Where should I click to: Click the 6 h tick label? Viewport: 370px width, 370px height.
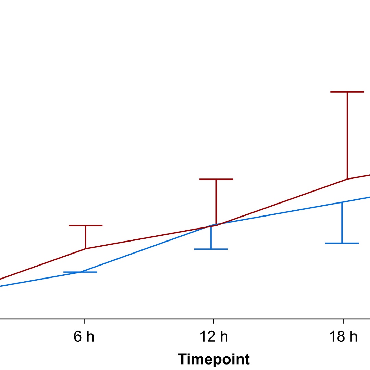(84, 337)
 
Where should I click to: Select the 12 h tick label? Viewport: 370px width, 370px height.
(214, 337)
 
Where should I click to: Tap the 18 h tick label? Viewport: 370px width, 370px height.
(343, 337)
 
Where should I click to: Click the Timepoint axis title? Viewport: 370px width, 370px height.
(214, 359)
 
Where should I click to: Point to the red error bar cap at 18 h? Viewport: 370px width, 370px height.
(347, 92)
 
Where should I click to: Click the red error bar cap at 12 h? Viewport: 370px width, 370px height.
(216, 179)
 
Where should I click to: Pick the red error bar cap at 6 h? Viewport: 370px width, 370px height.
(86, 225)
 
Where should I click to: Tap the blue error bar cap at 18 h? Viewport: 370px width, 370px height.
(342, 243)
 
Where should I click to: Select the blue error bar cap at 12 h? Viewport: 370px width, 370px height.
(211, 249)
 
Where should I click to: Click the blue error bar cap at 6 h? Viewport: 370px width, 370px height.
(81, 272)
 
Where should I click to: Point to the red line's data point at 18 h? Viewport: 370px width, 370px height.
(347, 179)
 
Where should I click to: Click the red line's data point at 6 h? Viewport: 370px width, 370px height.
(86, 248)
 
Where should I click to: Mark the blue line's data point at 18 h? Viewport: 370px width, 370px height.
(342, 202)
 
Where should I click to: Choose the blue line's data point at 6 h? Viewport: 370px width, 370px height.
(81, 272)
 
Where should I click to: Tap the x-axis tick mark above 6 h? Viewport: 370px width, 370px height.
(84, 321)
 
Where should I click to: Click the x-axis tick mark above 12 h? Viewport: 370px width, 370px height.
(214, 321)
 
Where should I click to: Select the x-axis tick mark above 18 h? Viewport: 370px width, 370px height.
(343, 321)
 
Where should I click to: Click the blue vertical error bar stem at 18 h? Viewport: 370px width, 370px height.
(342, 223)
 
